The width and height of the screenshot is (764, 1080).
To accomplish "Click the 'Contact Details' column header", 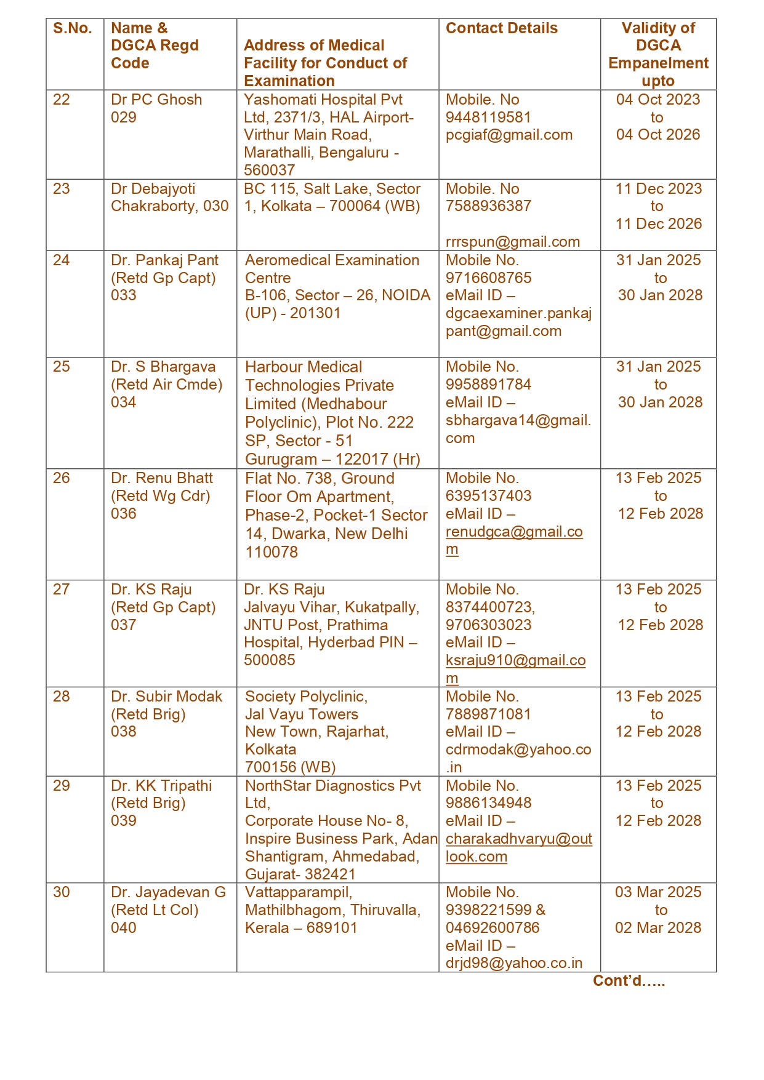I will click(501, 28).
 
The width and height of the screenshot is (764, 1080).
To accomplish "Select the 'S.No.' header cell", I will click(73, 28).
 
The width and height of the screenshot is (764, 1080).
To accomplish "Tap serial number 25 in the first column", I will click(62, 367).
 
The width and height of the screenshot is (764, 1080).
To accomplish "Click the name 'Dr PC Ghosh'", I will click(156, 100).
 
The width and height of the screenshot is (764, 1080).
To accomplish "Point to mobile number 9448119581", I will click(488, 118).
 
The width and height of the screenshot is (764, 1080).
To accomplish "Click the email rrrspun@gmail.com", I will click(513, 242).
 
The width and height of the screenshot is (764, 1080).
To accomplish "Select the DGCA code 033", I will click(124, 295).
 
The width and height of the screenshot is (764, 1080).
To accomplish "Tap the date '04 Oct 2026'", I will click(658, 135).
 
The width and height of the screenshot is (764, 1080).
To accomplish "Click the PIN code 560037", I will click(270, 170).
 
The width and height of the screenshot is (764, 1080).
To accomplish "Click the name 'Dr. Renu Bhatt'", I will click(162, 478).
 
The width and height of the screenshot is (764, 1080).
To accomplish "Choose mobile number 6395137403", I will click(488, 496).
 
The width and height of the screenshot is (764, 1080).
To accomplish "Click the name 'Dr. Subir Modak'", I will click(166, 697).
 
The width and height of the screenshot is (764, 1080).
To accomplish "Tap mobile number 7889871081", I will click(488, 714).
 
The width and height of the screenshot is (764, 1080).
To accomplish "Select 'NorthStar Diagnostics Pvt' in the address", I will click(332, 786).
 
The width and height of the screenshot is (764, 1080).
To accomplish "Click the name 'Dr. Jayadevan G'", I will click(168, 892).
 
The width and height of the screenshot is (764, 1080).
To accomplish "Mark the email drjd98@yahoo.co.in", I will click(514, 963).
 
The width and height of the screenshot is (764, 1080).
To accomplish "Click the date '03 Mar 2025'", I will click(658, 892).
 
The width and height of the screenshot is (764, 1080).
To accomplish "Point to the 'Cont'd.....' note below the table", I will click(629, 981).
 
